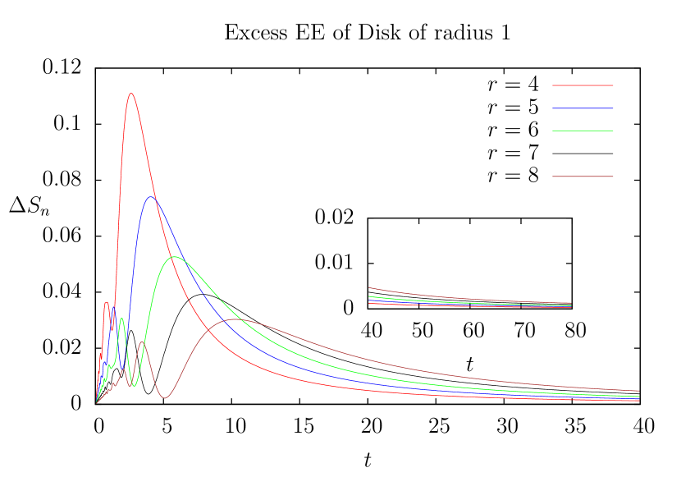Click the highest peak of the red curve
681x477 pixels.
[130, 94]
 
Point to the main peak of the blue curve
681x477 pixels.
[151, 197]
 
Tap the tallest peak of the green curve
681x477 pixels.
[174, 257]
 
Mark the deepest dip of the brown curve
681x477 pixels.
[165, 398]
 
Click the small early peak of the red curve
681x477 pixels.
[107, 303]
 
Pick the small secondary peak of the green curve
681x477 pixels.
[121, 319]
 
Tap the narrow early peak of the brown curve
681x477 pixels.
[142, 342]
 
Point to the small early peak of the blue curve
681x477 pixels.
[114, 309]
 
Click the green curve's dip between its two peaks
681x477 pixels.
[133, 386]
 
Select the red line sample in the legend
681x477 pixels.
[583, 85]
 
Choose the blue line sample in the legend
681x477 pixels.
[583, 108]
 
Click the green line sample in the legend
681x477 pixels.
[583, 131]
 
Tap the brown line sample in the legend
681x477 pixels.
[583, 177]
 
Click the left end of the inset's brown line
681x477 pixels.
[369, 288]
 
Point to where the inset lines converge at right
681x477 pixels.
[570, 305]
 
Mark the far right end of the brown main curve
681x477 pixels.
[638, 391]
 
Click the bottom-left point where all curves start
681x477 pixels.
[96, 402]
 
